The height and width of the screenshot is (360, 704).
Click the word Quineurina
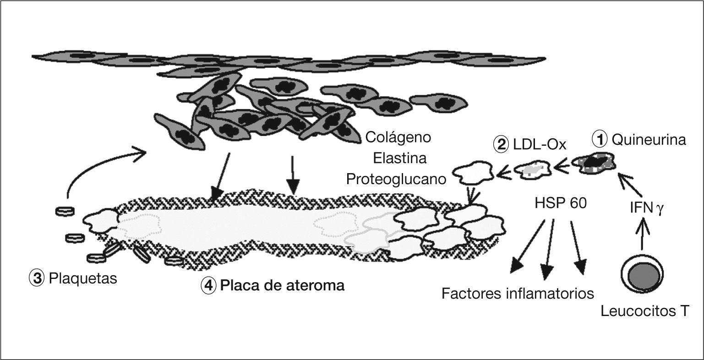[x=649, y=139]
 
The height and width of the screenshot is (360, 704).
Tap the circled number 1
[x=600, y=139]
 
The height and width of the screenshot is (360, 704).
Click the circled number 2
[x=500, y=145]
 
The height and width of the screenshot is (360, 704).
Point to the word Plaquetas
[x=83, y=278]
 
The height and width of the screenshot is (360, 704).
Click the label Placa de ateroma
[x=282, y=286]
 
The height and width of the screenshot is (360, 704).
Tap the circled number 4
[x=208, y=286]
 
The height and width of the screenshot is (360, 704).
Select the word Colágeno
[x=398, y=137]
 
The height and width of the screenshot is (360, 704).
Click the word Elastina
[x=400, y=158]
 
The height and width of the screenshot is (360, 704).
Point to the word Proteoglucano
[x=396, y=179]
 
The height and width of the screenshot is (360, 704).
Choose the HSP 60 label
[x=560, y=203]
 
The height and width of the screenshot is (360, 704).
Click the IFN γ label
[x=646, y=210]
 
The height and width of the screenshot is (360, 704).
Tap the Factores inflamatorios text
[x=518, y=293]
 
